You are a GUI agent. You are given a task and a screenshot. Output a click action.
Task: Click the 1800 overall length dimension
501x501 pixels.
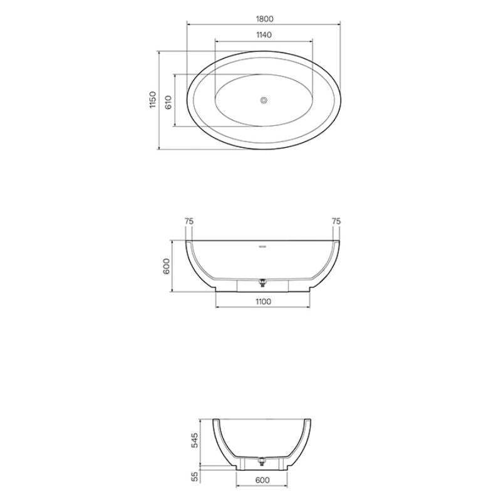tap(264, 19)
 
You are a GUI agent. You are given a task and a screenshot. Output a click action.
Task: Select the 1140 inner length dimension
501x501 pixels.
tap(264, 35)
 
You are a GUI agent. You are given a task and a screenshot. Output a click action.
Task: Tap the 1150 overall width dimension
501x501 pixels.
tap(152, 101)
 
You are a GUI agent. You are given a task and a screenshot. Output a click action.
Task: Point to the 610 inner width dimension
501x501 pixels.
tap(168, 101)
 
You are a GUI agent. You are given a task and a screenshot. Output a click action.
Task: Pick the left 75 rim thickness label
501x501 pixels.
tap(189, 221)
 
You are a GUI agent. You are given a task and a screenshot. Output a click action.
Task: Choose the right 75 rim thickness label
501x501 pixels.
tap(336, 221)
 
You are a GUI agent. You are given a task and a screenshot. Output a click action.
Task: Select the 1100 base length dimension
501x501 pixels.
tap(263, 302)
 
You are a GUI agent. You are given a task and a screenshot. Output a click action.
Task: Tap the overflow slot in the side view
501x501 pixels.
tap(263, 245)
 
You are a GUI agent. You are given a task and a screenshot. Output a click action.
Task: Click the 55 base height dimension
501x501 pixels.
tap(195, 477)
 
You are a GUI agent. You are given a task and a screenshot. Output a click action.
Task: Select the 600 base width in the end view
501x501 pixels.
tap(263, 480)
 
